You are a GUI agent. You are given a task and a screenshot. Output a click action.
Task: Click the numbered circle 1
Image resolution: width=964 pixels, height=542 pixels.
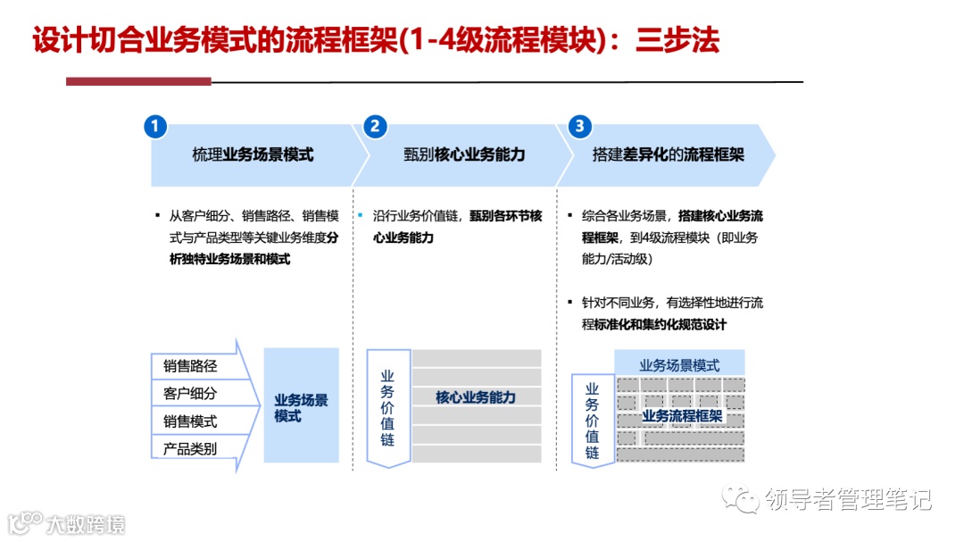pyautogui.click(x=155, y=127)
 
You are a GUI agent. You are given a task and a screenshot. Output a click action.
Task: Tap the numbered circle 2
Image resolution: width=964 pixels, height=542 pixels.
pyautogui.click(x=375, y=127)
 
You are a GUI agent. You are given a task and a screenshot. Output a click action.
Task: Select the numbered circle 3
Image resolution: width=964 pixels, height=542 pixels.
pyautogui.click(x=580, y=127)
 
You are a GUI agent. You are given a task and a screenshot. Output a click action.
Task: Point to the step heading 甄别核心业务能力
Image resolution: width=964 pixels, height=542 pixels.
pyautogui.click(x=464, y=154)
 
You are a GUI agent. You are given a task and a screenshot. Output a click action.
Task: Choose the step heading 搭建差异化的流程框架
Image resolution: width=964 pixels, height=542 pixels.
pyautogui.click(x=668, y=154)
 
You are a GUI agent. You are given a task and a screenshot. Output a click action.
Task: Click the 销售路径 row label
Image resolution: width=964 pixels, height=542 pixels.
pyautogui.click(x=190, y=366)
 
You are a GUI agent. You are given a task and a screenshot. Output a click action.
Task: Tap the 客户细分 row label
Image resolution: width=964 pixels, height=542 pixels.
pyautogui.click(x=190, y=393)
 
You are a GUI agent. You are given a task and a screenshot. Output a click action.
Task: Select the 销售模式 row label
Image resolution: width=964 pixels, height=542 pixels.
pyautogui.click(x=190, y=421)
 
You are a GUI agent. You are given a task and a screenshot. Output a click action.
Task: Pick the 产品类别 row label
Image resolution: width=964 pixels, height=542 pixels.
pyautogui.click(x=190, y=448)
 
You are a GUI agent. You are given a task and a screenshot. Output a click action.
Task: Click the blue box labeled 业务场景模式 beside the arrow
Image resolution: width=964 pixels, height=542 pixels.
pyautogui.click(x=301, y=407)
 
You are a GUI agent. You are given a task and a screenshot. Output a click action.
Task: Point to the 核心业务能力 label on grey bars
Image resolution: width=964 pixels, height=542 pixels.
pyautogui.click(x=476, y=397)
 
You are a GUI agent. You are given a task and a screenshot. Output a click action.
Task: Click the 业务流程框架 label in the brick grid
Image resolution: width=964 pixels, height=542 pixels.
pyautogui.click(x=682, y=416)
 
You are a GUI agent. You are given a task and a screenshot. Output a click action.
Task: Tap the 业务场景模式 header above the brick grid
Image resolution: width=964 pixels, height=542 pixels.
pyautogui.click(x=679, y=365)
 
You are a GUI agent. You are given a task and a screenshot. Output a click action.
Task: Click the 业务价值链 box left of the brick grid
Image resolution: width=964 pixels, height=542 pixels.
pyautogui.click(x=593, y=420)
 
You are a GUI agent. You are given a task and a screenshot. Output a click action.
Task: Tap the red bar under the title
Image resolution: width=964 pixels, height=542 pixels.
pyautogui.click(x=138, y=81)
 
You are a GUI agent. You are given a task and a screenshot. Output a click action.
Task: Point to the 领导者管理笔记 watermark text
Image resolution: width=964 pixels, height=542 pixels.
pyautogui.click(x=848, y=500)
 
